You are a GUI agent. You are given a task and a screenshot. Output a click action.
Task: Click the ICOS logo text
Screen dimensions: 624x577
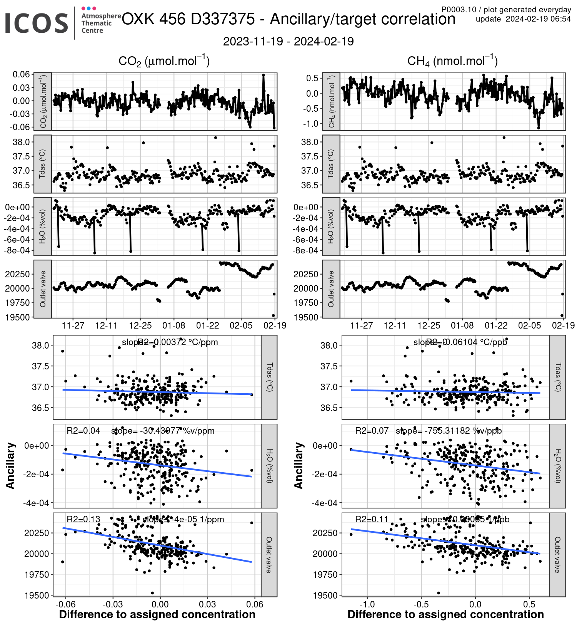pyautogui.click(x=37, y=23)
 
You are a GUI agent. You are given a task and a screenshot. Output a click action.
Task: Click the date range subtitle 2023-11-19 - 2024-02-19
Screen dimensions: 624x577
pyautogui.click(x=288, y=42)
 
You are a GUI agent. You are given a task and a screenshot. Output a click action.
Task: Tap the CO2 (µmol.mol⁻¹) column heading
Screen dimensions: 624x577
pyautogui.click(x=164, y=61)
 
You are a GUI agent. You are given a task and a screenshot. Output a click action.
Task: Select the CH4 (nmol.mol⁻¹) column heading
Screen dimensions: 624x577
pyautogui.click(x=452, y=61)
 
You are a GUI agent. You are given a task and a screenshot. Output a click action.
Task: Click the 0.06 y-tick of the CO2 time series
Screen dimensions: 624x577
pyautogui.click(x=21, y=74)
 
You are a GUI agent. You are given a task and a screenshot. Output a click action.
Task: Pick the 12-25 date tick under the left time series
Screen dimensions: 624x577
pyautogui.click(x=140, y=325)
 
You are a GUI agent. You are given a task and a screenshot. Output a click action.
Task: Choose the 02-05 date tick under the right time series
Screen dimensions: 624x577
pyautogui.click(x=529, y=325)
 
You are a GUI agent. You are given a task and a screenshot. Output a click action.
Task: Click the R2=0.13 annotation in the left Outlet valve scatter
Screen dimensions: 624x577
pyautogui.click(x=83, y=519)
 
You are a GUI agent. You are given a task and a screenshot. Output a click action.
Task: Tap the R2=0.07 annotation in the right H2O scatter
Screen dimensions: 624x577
pyautogui.click(x=372, y=431)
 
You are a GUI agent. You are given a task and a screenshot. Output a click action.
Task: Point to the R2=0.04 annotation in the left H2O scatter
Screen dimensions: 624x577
pyautogui.click(x=83, y=431)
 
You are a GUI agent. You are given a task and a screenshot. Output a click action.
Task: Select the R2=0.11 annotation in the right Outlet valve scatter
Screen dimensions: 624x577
pyautogui.click(x=372, y=519)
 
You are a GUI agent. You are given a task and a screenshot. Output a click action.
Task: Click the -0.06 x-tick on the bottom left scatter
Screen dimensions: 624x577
pyautogui.click(x=65, y=604)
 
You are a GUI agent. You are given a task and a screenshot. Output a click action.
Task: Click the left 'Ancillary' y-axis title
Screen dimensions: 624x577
pyautogui.click(x=10, y=466)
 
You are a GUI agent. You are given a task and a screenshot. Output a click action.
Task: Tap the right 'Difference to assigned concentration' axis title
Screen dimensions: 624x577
pyautogui.click(x=445, y=615)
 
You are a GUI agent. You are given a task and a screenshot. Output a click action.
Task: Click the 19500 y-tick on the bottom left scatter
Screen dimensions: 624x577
pyautogui.click(x=37, y=595)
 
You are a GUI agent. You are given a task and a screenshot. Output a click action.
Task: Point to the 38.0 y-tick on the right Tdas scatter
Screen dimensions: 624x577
pyautogui.click(x=329, y=346)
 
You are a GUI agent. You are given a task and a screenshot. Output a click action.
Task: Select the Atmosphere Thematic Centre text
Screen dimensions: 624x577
pyautogui.click(x=101, y=23)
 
